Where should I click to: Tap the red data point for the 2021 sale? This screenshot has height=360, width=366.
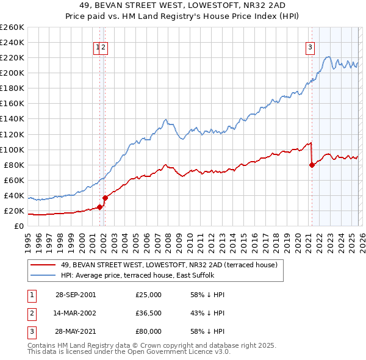point(312,164)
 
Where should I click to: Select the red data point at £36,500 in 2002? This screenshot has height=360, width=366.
point(105,198)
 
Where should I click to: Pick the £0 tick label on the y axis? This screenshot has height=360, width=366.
point(18,226)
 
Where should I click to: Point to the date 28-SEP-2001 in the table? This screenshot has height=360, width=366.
point(76,295)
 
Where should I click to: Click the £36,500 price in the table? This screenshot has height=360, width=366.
point(148,314)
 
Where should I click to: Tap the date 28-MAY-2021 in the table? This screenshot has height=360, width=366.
point(76,333)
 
